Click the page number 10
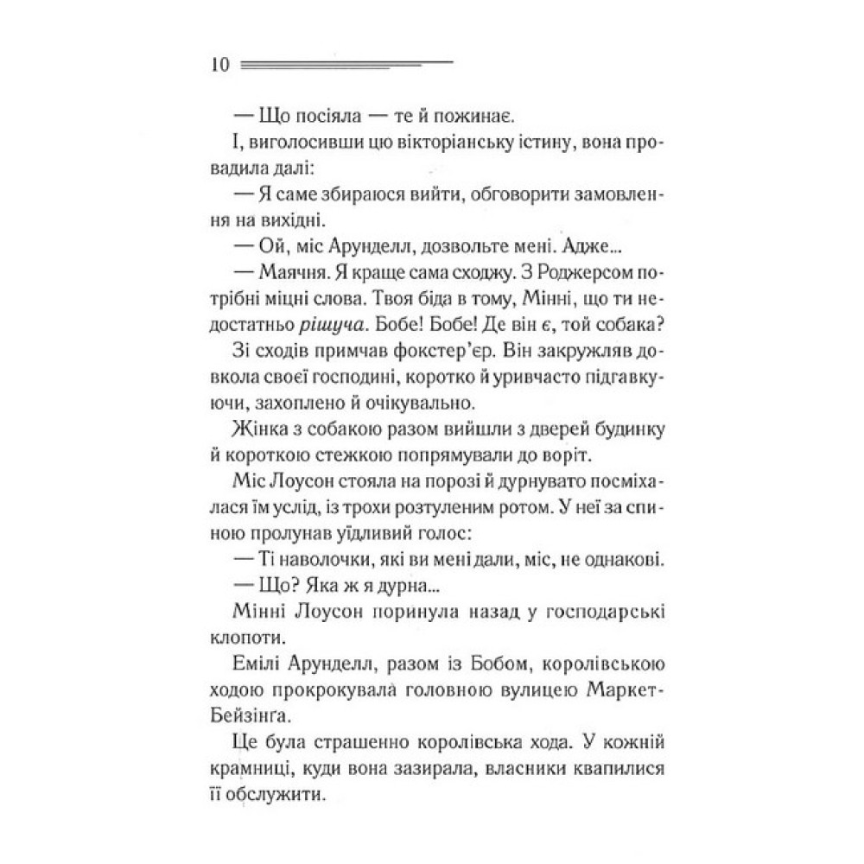tap(217, 66)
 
